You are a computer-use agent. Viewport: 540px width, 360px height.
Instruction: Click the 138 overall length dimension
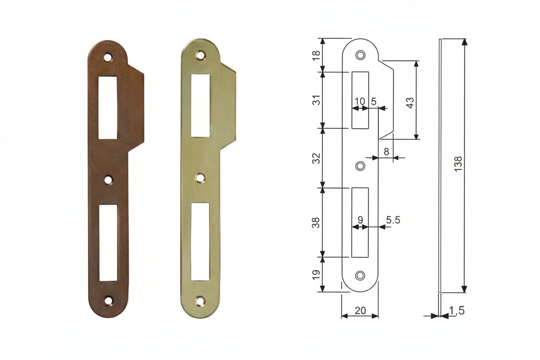click(458, 164)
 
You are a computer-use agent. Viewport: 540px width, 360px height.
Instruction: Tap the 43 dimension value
click(410, 103)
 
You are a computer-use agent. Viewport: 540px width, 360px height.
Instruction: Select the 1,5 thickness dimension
click(457, 311)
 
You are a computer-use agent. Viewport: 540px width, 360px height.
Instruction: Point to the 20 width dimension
click(360, 311)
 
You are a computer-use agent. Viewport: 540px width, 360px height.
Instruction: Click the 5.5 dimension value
click(393, 220)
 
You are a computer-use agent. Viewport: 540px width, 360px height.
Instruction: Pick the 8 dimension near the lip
click(386, 152)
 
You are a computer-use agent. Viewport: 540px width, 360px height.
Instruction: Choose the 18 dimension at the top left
click(317, 55)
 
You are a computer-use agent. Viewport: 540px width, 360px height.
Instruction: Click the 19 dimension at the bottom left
click(317, 274)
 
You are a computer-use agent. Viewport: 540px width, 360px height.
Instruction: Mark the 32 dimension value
click(317, 158)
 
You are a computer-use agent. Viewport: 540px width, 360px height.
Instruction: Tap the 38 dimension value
click(317, 222)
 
